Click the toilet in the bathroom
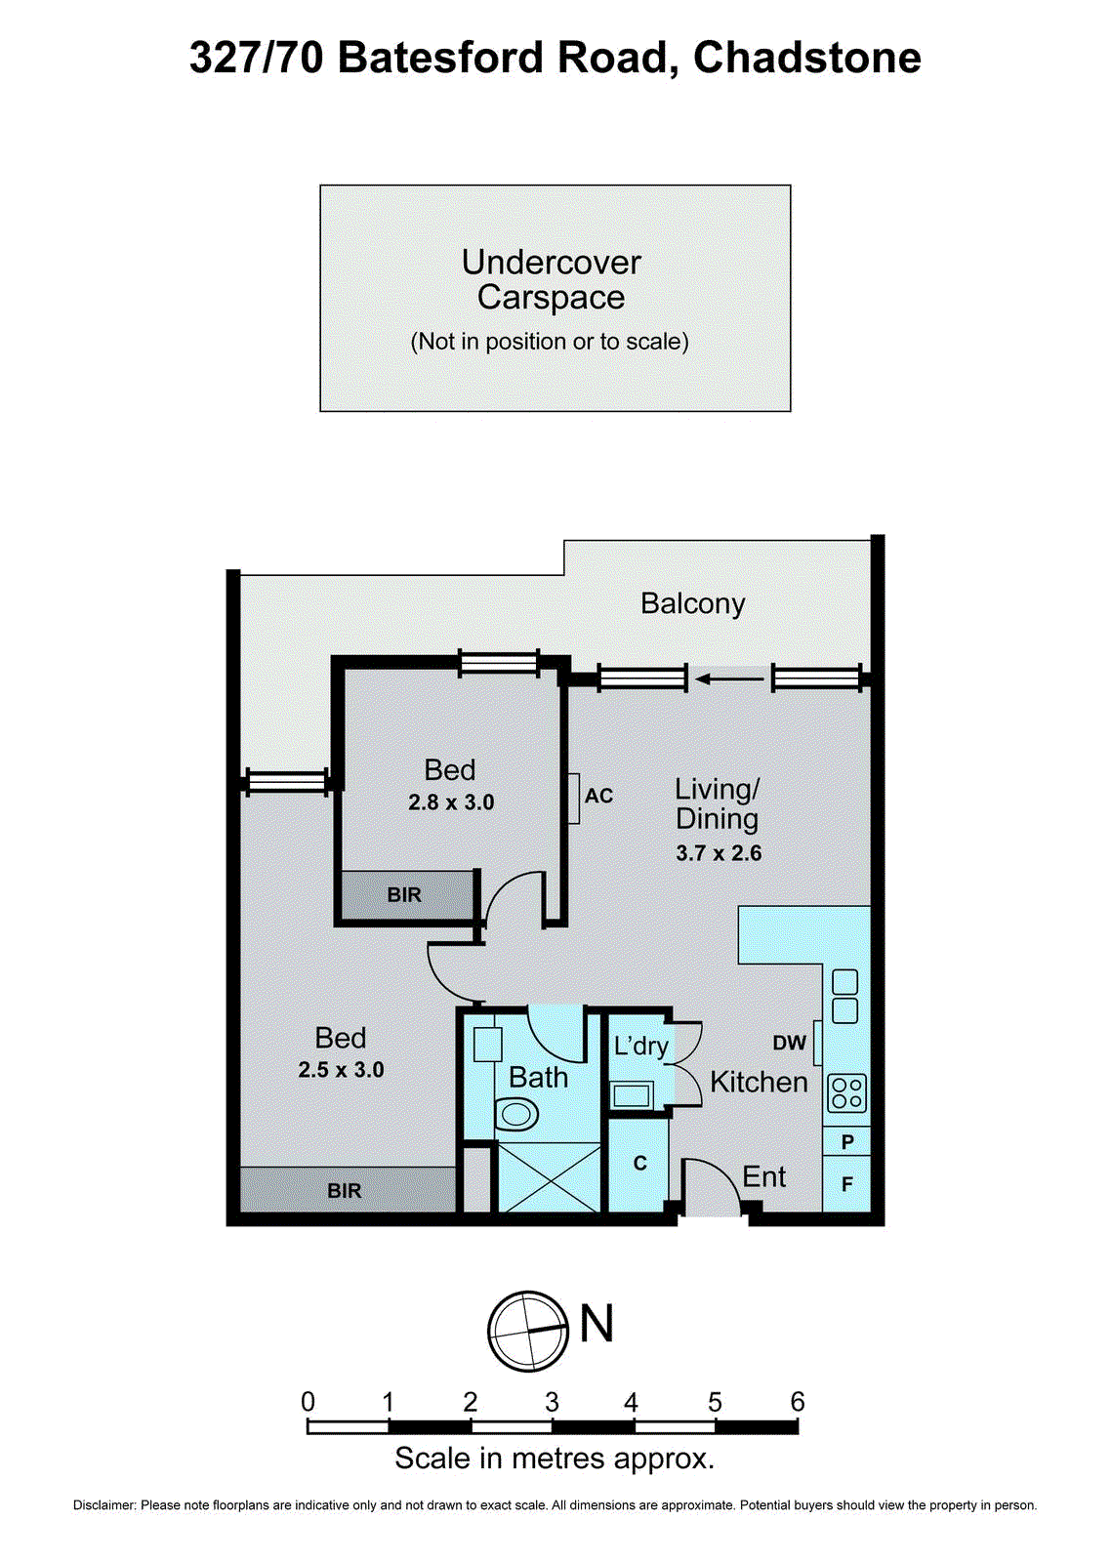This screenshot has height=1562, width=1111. pyautogui.click(x=516, y=1113)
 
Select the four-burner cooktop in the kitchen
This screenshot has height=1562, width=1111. pyautogui.click(x=846, y=1092)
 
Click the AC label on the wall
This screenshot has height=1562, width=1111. pyautogui.click(x=598, y=796)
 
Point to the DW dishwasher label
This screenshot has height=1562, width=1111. pyautogui.click(x=789, y=1043)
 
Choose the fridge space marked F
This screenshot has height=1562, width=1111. pyautogui.click(x=846, y=1184)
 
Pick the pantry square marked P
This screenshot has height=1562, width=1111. pyautogui.click(x=846, y=1141)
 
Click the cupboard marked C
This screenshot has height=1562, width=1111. pyautogui.click(x=639, y=1164)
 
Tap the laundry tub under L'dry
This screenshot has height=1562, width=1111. pyautogui.click(x=632, y=1094)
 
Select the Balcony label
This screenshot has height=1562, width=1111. pyautogui.click(x=692, y=604)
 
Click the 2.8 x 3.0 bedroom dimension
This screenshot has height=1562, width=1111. pyautogui.click(x=451, y=802)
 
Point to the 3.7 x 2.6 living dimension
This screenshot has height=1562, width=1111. pyautogui.click(x=719, y=853)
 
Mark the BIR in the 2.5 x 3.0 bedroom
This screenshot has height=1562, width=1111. pyautogui.click(x=345, y=1190)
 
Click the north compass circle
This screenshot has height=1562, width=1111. pyautogui.click(x=528, y=1330)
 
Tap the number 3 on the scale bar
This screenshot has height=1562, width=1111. pyautogui.click(x=552, y=1403)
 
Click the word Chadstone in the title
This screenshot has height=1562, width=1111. pyautogui.click(x=806, y=58)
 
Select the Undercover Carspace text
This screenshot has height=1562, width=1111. pyautogui.click(x=552, y=279)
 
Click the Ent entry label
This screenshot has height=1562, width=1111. pyautogui.click(x=763, y=1177)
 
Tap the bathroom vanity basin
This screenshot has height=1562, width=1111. pyautogui.click(x=487, y=1044)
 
